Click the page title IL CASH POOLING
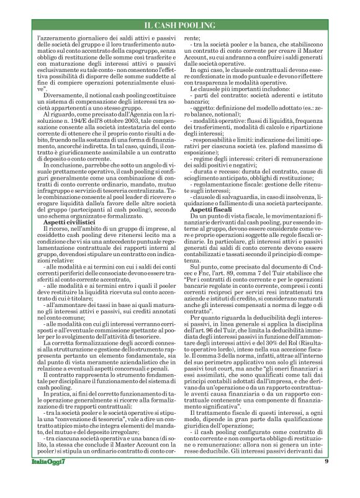(x=179, y=25)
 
